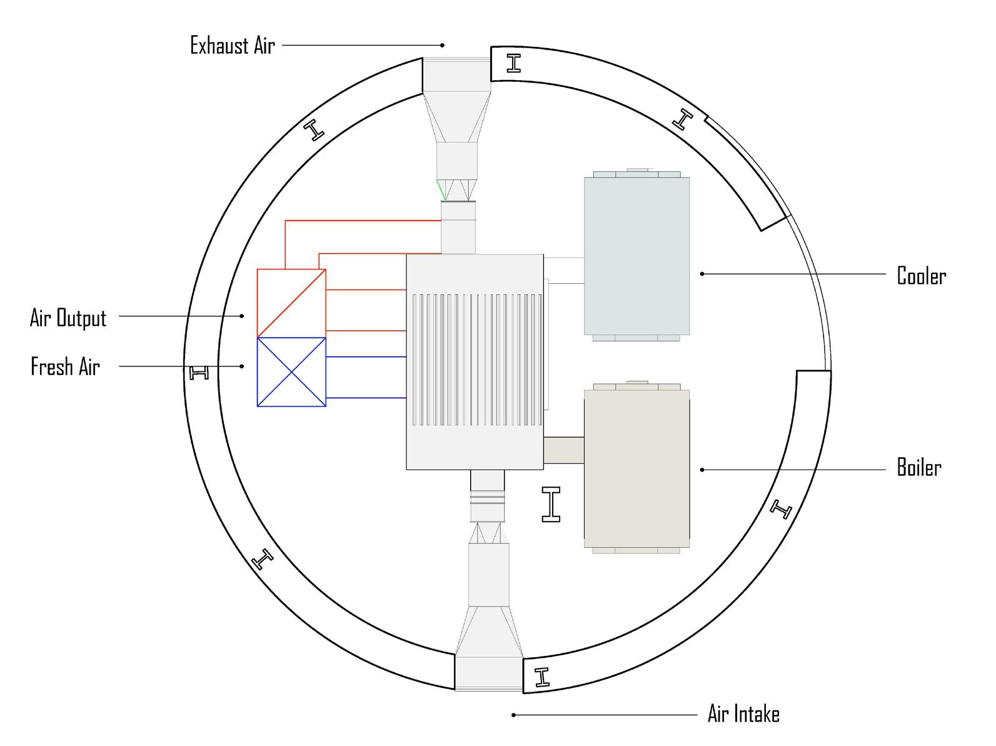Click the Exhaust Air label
(233, 46)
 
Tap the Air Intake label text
(743, 713)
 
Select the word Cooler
(921, 275)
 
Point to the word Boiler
(919, 467)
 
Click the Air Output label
(68, 318)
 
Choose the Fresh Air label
(65, 366)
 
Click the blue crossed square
(291, 371)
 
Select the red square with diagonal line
(291, 303)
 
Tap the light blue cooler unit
(636, 256)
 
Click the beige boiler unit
(636, 469)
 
